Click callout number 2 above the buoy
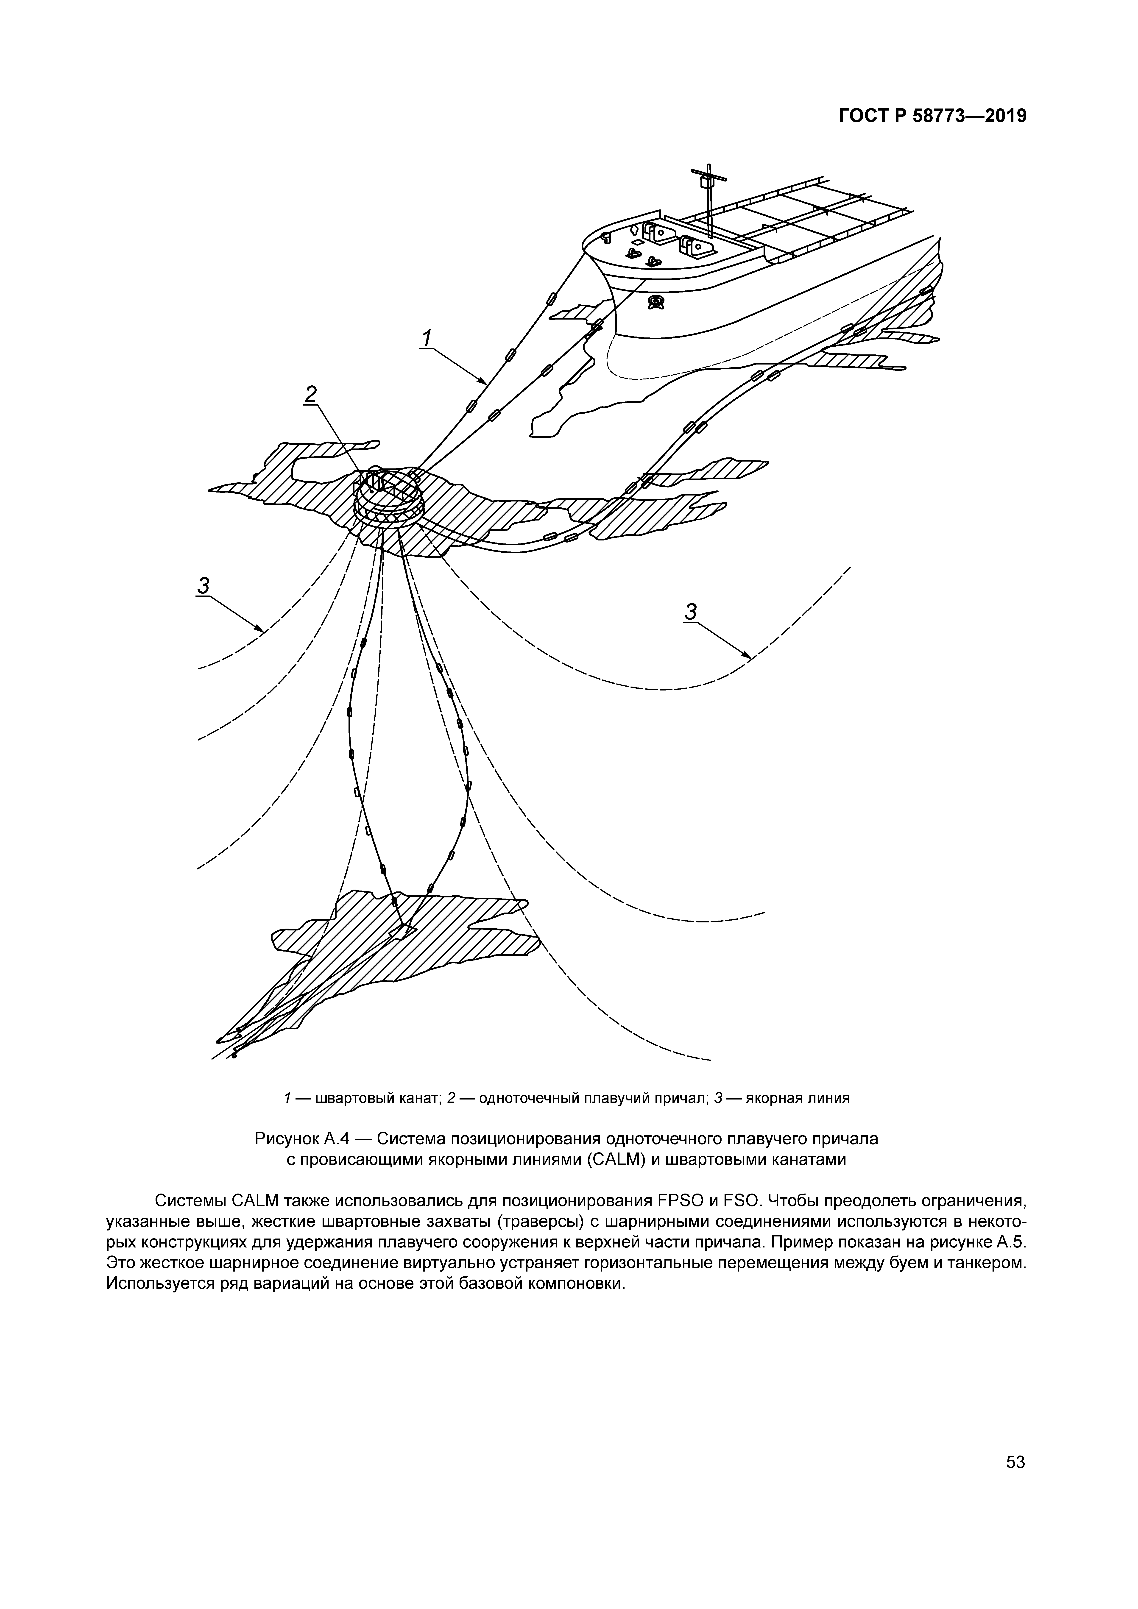pos(310,394)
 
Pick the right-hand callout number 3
pos(691,612)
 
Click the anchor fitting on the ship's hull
pos(657,302)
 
